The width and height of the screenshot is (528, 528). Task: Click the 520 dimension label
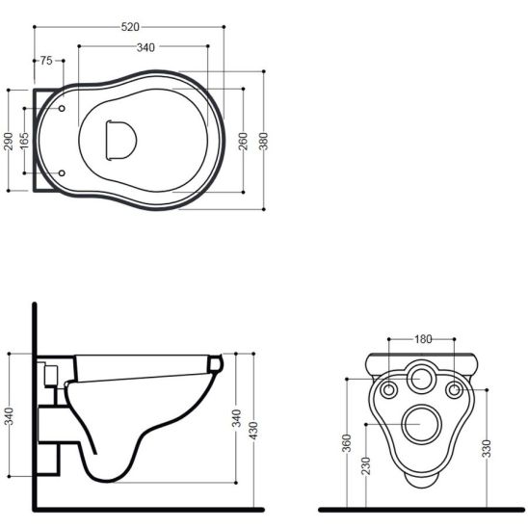coord(130,27)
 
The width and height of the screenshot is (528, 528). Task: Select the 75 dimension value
coord(46,61)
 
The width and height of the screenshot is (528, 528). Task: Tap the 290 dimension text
coord(9,141)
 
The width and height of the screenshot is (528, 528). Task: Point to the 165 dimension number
coord(24,140)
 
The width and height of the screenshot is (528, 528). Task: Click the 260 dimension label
coord(243,141)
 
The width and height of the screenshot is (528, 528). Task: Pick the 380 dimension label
coord(264,141)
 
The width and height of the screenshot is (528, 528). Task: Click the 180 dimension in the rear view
coord(423,339)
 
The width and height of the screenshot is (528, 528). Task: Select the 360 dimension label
coord(347,443)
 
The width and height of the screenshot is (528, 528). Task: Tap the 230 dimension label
coord(366,465)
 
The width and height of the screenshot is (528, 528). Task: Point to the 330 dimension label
coord(487,448)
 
